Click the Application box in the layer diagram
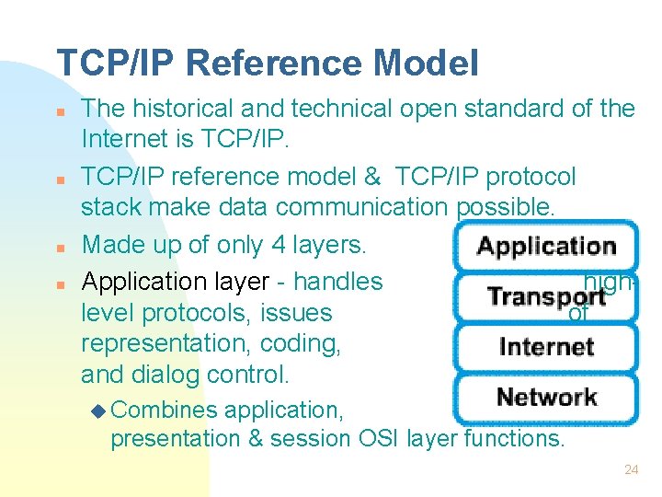click(x=546, y=247)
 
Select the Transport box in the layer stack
click(x=546, y=297)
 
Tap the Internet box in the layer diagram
click(x=546, y=347)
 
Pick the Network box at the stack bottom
click(x=546, y=398)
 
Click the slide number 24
click(x=631, y=469)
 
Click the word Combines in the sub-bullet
click(x=165, y=410)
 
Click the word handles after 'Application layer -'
click(x=337, y=281)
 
